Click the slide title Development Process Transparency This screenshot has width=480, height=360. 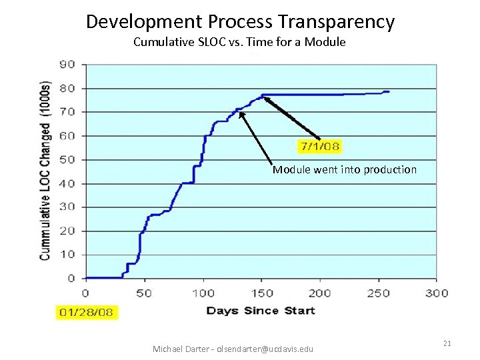point(240,21)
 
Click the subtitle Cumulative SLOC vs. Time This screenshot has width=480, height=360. point(239,42)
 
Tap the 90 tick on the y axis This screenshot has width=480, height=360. point(67,65)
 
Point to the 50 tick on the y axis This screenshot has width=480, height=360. point(67,160)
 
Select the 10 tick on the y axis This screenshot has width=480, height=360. point(67,255)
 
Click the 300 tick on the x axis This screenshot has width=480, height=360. point(437,293)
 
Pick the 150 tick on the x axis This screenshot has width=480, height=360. point(261,293)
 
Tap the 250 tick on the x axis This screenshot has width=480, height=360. point(378,293)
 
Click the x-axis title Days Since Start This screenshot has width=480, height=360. point(261,310)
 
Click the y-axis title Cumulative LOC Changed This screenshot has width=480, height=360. point(45,171)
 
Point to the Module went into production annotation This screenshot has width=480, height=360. point(344,169)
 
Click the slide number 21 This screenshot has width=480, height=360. point(447,343)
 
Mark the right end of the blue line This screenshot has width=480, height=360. point(389,91)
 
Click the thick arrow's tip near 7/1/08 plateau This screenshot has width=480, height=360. point(263,97)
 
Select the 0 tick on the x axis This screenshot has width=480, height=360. point(85,293)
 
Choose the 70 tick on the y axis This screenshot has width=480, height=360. point(67,112)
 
